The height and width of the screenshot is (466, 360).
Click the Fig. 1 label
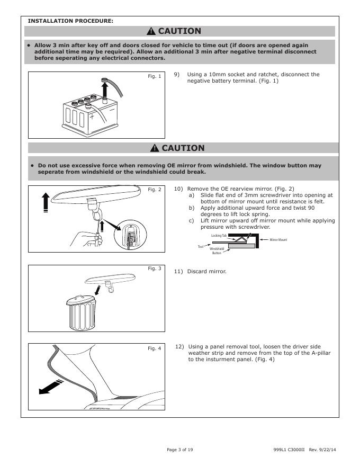click(x=154, y=77)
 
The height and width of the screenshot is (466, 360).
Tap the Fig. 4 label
click(x=154, y=348)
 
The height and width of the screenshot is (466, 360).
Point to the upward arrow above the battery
click(x=104, y=87)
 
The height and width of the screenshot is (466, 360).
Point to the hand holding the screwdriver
click(x=84, y=238)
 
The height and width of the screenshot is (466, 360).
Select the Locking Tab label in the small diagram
click(x=212, y=235)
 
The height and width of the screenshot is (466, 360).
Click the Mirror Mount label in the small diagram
click(x=278, y=240)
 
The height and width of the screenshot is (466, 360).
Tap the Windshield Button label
click(x=217, y=250)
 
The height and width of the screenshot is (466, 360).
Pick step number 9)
click(x=177, y=75)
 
